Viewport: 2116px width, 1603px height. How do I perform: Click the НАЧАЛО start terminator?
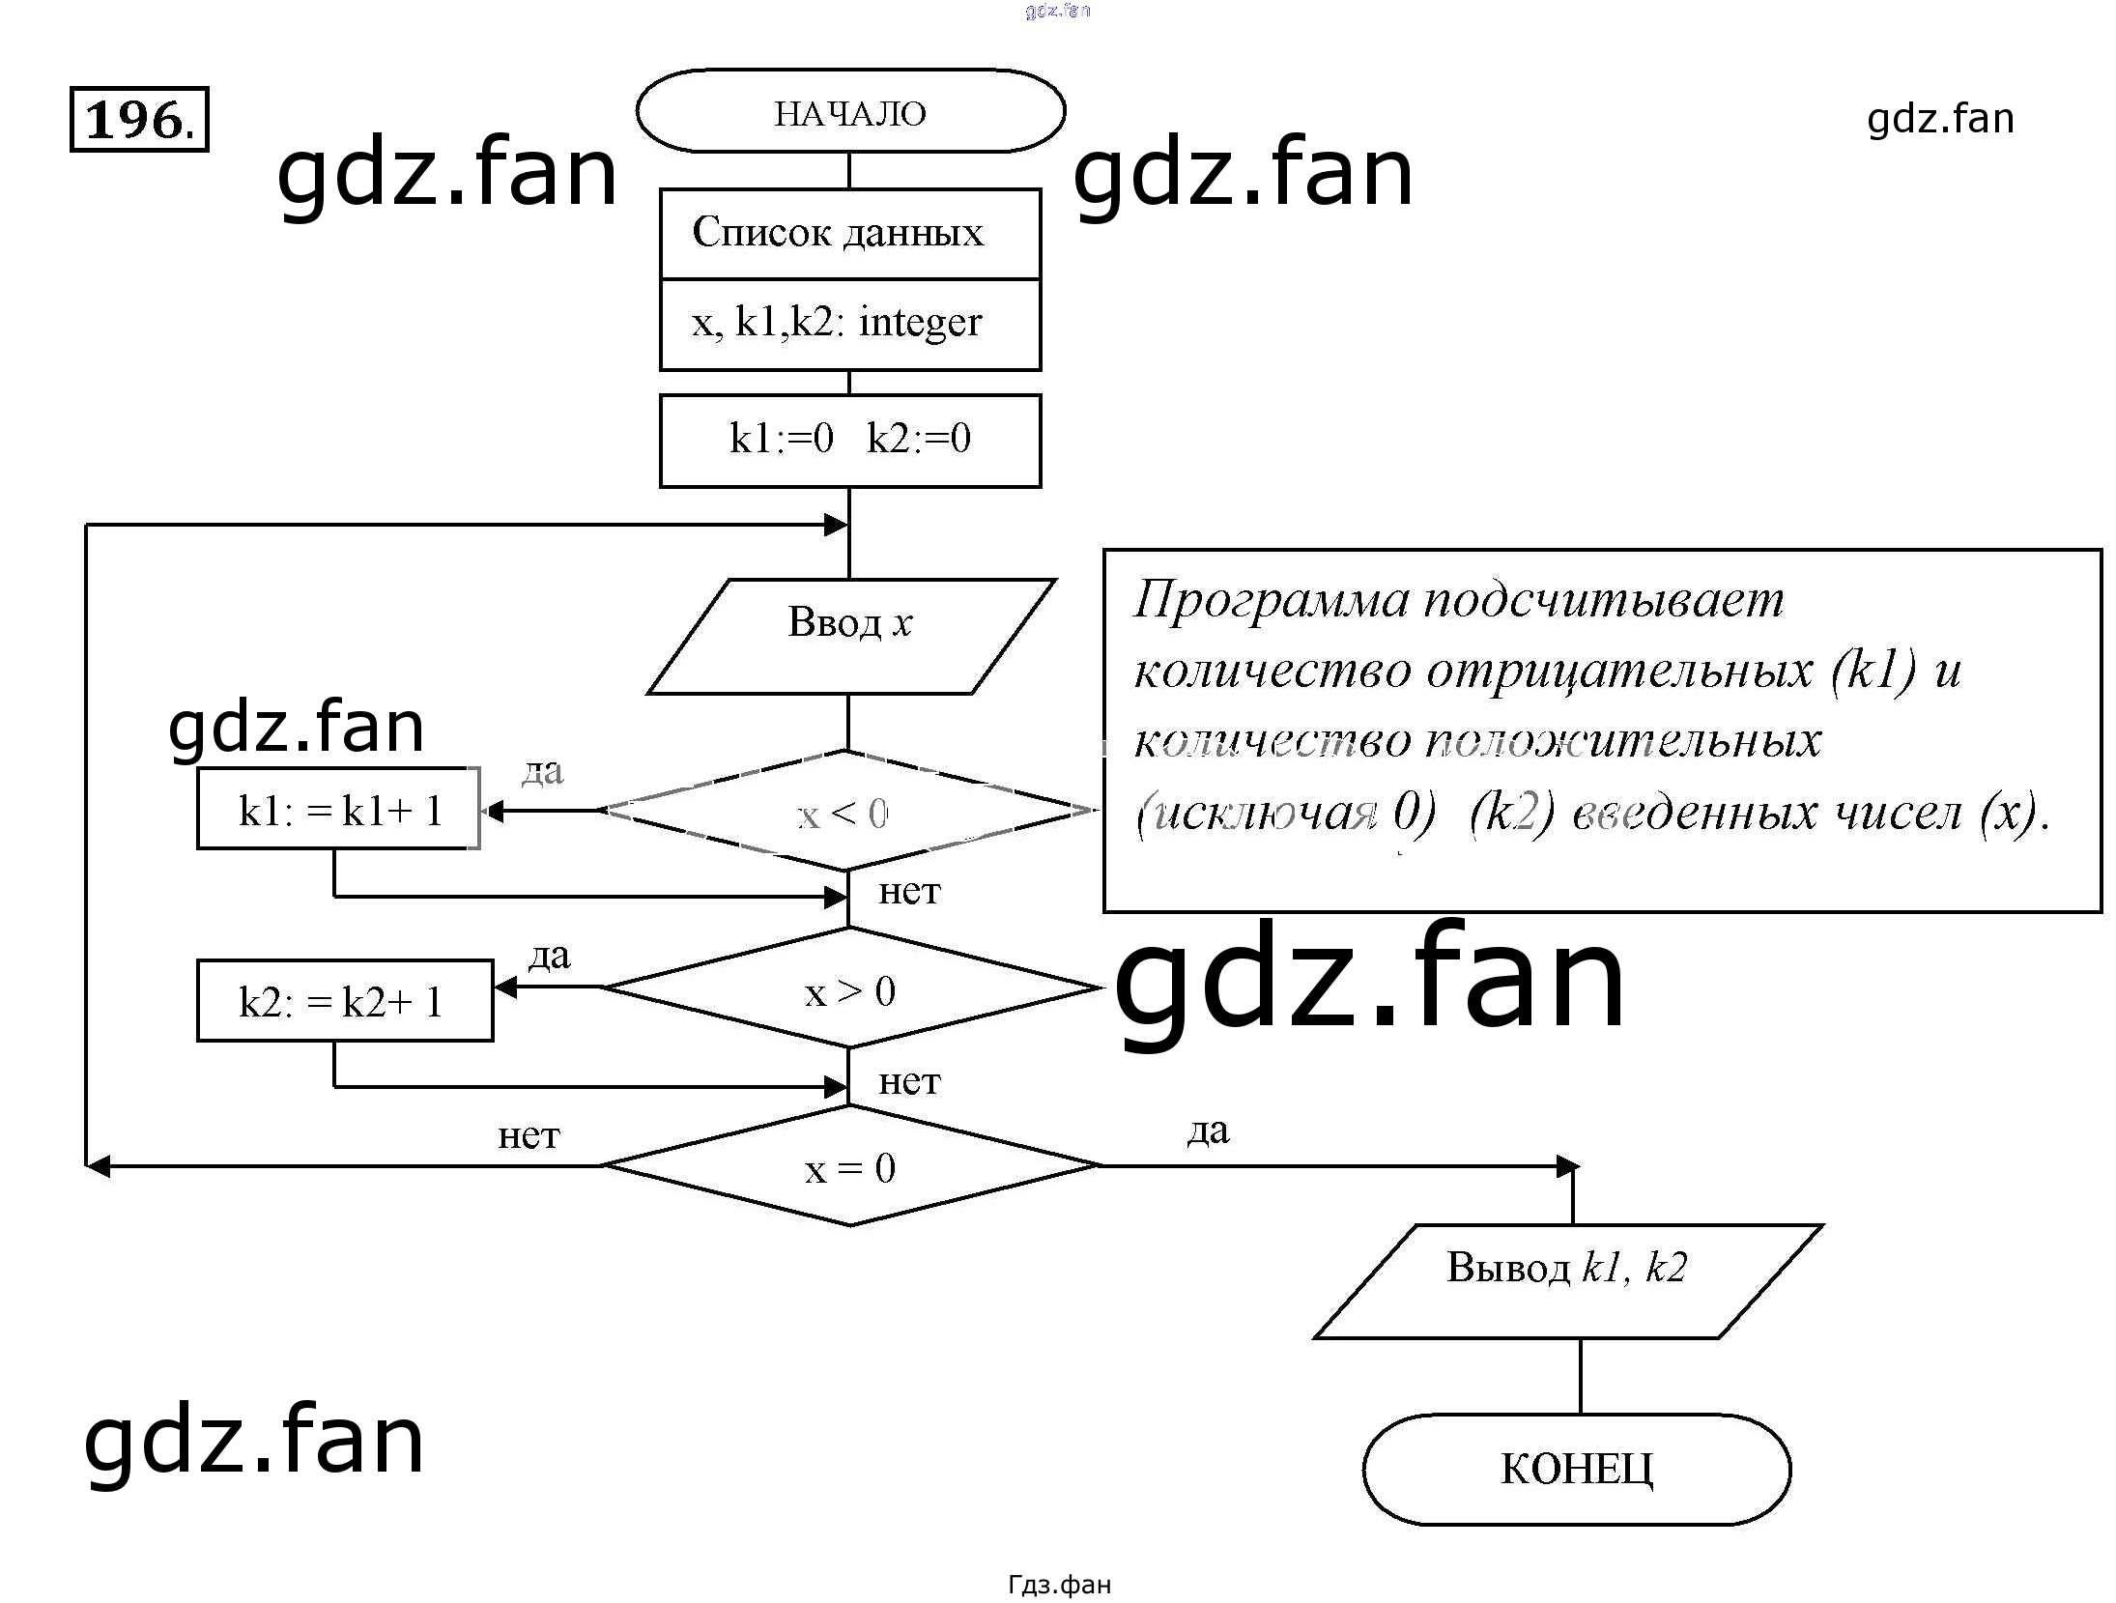(x=850, y=112)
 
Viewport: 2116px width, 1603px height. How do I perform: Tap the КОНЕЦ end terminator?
(x=1576, y=1469)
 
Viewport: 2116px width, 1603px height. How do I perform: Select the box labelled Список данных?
(x=850, y=234)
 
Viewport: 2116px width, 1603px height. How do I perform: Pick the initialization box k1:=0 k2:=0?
(x=850, y=440)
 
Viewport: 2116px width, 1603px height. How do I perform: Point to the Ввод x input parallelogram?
(x=850, y=635)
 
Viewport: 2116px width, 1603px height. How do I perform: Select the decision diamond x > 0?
(x=850, y=988)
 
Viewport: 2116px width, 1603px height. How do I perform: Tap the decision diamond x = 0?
(x=850, y=1166)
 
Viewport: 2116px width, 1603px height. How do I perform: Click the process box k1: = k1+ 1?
(x=338, y=809)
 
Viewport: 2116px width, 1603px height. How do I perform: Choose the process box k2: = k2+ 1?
(x=345, y=1000)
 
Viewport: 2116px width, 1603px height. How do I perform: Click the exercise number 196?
(x=139, y=120)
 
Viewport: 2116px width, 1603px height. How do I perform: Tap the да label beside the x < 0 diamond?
(x=542, y=770)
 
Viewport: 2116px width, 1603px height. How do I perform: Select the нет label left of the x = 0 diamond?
(x=529, y=1134)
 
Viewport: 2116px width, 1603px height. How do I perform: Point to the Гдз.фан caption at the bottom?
(x=1059, y=1585)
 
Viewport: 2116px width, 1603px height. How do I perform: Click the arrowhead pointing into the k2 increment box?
(x=503, y=988)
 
